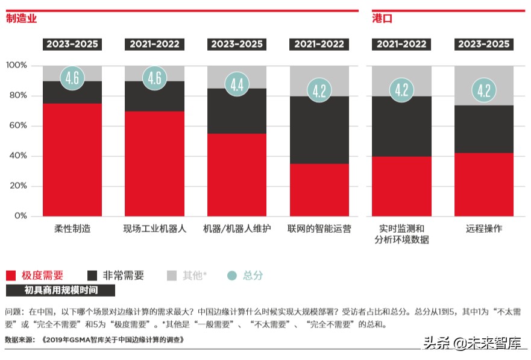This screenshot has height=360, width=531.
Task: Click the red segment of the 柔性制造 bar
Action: point(72,160)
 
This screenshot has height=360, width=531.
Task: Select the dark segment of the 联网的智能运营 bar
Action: point(319,130)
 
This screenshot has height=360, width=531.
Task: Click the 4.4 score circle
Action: point(237,84)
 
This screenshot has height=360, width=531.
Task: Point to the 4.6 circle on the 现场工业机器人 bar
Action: point(154,78)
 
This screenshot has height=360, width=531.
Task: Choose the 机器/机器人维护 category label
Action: point(237,229)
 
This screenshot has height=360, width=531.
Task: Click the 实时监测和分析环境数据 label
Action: point(401,234)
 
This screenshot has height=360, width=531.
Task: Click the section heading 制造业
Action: point(21,19)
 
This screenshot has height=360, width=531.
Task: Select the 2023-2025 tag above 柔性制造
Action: point(72,44)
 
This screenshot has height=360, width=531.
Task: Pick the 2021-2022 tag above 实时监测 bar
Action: point(401,44)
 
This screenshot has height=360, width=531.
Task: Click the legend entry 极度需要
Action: point(42,276)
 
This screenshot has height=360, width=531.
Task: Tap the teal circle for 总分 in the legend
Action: point(232,276)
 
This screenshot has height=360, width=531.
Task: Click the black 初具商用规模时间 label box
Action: point(61,291)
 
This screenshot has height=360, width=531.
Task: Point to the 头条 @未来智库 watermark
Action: point(473,344)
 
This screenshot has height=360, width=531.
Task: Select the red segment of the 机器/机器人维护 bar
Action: point(237,175)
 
